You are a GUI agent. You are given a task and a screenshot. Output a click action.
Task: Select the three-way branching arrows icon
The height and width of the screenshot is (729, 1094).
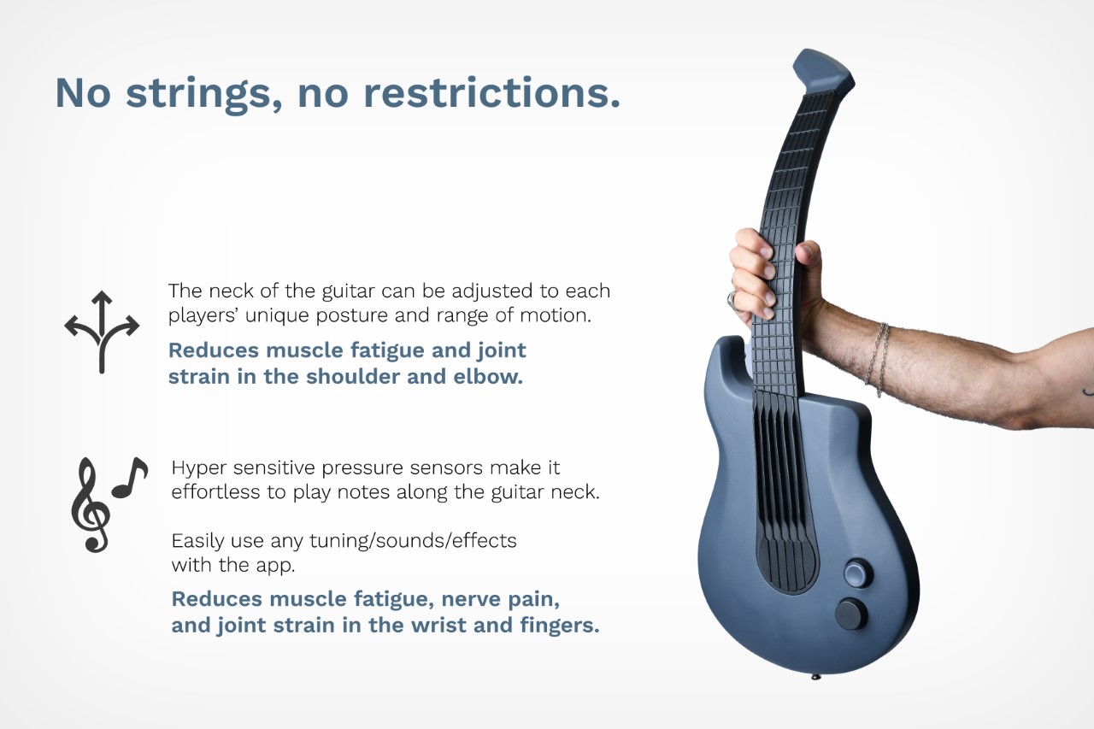click(102, 332)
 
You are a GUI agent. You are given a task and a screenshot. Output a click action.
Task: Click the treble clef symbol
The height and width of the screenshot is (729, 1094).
click(91, 505)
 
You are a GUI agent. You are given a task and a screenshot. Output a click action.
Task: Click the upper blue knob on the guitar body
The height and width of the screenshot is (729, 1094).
click(857, 573)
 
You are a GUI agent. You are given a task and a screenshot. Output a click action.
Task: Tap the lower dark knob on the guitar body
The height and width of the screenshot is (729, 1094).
click(850, 614)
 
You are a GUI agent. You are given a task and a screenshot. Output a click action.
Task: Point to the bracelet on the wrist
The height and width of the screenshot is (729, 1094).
click(878, 359)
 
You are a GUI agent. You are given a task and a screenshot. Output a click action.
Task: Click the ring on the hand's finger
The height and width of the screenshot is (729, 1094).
click(732, 299)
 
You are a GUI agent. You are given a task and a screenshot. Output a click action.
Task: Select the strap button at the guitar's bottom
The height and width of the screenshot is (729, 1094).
click(815, 677)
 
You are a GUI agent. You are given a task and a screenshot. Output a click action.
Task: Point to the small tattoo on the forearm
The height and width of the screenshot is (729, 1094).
click(1088, 391)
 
